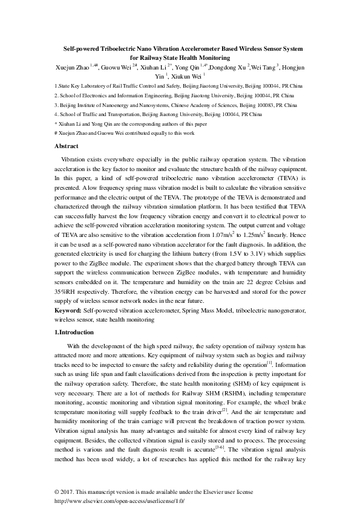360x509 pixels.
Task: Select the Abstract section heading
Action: click(x=67, y=146)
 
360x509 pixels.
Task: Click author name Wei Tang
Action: click(x=263, y=67)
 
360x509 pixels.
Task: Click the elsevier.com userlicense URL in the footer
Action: click(x=119, y=501)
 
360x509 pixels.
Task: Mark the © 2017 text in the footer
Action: click(x=64, y=491)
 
